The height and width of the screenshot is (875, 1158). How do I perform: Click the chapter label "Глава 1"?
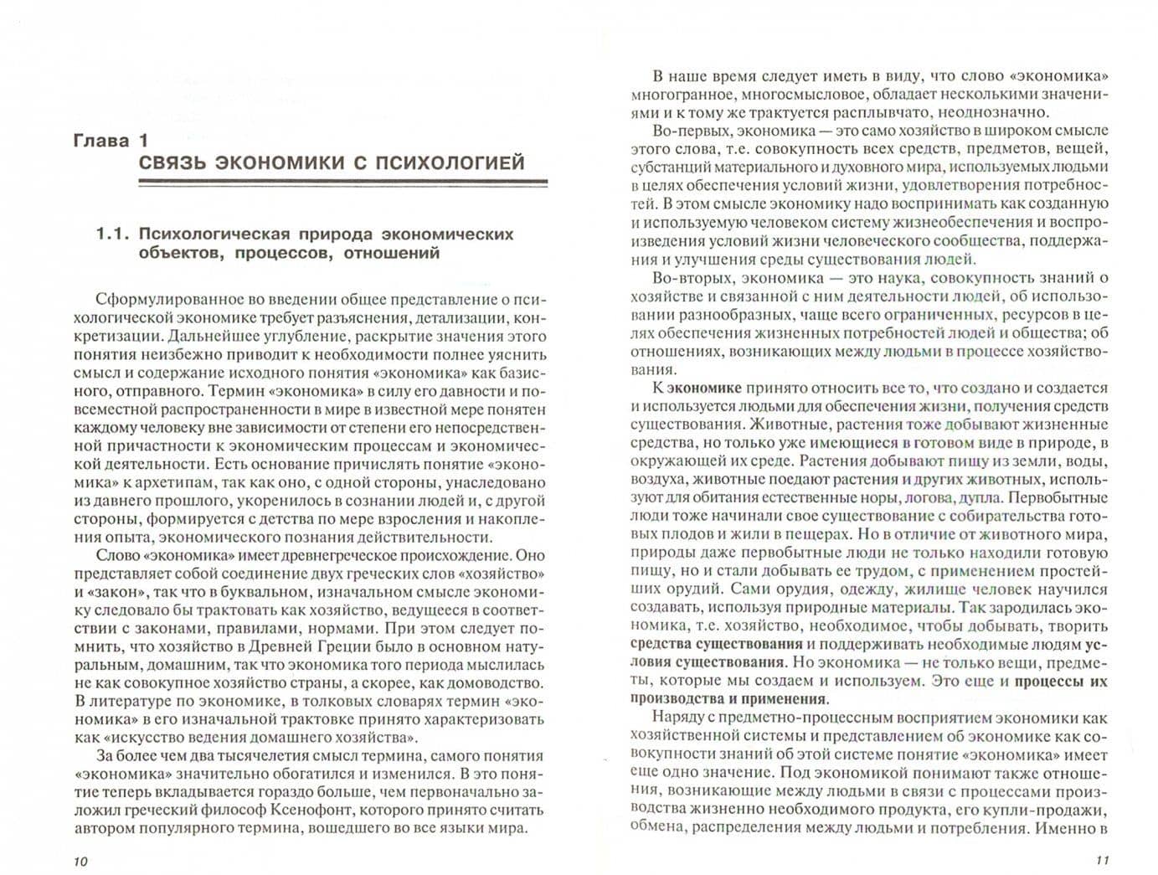[110, 141]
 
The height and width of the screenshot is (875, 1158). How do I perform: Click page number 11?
[1101, 861]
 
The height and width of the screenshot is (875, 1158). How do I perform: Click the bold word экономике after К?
[705, 388]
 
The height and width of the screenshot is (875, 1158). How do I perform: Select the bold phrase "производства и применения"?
[728, 699]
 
